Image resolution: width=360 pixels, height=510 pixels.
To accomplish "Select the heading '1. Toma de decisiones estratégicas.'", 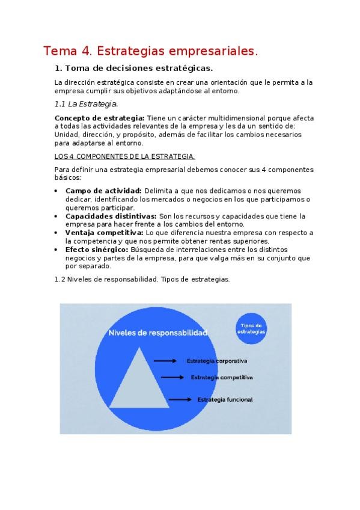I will [133, 68].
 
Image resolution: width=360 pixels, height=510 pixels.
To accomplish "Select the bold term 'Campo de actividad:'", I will [103, 191].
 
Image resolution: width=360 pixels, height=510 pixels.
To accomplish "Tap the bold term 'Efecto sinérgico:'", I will [97, 249].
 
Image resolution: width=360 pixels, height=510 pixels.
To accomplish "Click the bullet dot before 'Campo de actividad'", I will [56, 191].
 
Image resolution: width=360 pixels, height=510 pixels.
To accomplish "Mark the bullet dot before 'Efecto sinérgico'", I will [56, 250].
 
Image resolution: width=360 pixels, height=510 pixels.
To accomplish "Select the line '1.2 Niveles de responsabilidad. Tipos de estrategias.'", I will [142, 279].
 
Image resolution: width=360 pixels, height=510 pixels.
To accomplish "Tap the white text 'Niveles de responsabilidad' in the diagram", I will [157, 333].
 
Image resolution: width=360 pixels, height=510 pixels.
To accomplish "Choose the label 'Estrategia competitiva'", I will [221, 378].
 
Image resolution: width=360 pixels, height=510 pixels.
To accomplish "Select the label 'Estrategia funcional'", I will [225, 399].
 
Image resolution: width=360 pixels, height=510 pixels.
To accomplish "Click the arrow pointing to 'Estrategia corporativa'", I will [165, 361].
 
